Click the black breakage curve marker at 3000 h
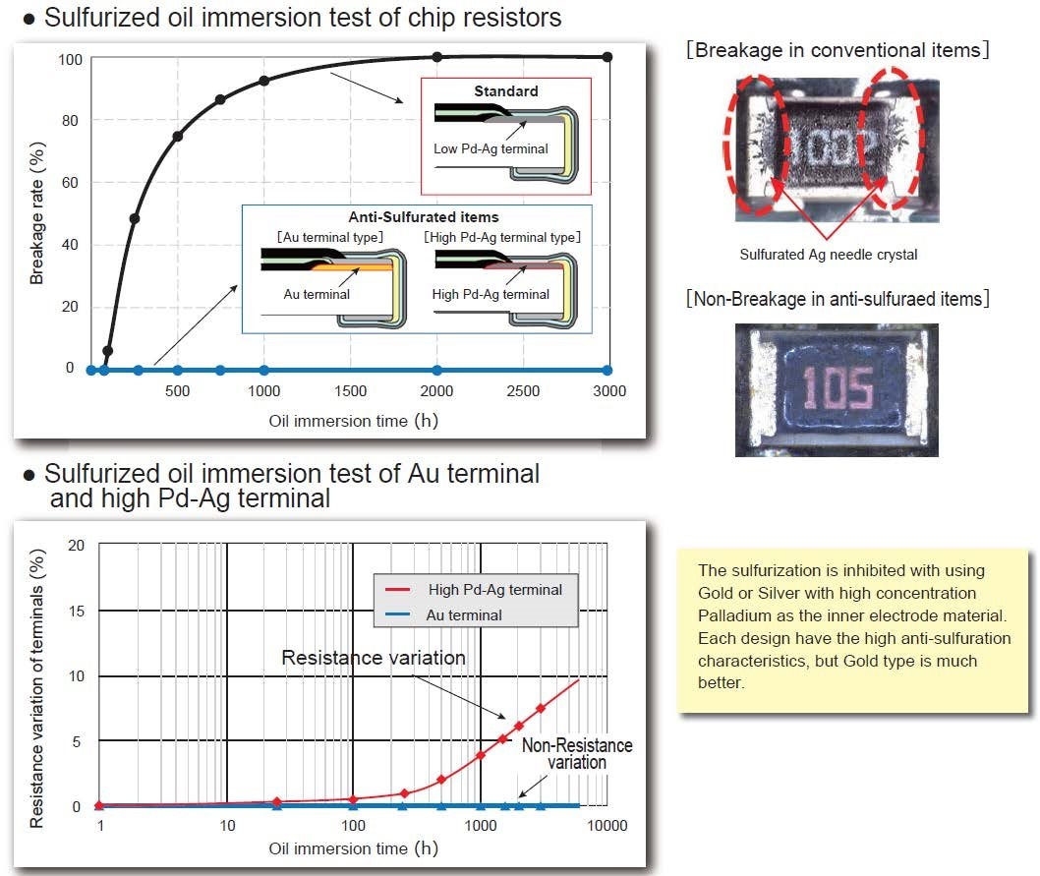[x=607, y=57]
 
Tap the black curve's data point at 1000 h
[x=264, y=81]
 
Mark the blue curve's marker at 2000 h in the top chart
[x=436, y=371]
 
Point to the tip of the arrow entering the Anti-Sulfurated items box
[x=238, y=285]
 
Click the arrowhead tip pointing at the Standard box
[x=403, y=103]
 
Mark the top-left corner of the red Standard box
[x=421, y=79]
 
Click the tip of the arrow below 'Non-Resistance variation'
[x=518, y=797]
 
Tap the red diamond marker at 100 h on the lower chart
[x=353, y=799]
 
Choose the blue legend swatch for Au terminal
[x=398, y=614]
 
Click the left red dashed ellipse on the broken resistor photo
[x=757, y=144]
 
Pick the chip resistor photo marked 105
[x=838, y=390]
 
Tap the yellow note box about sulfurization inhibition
[x=852, y=630]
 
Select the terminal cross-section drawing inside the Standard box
[x=506, y=143]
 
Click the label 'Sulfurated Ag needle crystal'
[x=829, y=255]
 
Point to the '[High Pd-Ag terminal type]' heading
[x=502, y=237]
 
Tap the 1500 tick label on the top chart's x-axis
[x=350, y=391]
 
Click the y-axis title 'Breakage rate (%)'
[x=36, y=213]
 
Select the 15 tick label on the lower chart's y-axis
[x=77, y=611]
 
